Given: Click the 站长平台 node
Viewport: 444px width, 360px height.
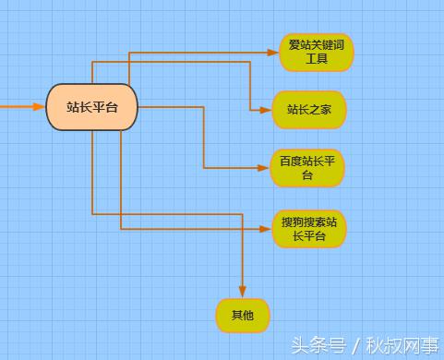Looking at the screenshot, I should point(92,107).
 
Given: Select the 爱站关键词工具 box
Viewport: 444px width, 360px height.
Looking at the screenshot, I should point(316,53).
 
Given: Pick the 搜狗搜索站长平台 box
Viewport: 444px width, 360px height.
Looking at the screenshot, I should point(309,229).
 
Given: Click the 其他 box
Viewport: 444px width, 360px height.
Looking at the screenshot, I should point(243,316).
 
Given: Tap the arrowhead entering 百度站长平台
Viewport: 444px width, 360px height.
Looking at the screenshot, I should point(266,168).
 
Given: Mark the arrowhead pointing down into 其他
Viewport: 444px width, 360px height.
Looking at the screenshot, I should point(243,293).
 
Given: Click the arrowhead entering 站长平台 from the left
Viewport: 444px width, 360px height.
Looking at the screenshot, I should point(40,107).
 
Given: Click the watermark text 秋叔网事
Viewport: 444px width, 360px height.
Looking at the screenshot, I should point(406,345).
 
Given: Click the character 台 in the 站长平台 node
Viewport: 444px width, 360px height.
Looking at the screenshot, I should point(113,107).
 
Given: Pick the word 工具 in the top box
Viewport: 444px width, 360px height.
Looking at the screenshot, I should point(317,60).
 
